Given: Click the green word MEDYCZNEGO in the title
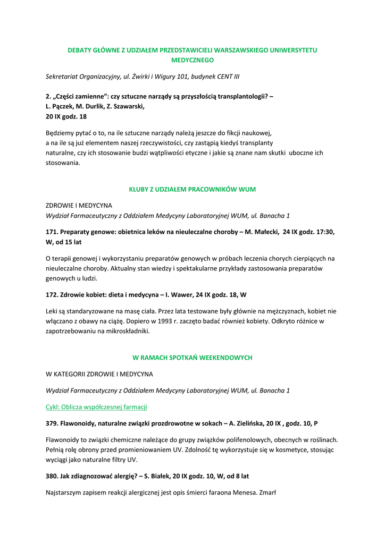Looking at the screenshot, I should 192,61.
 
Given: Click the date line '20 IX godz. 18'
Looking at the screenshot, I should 66,116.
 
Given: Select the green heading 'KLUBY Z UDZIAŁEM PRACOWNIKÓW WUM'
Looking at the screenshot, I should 192,189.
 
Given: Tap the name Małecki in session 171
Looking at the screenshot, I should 264,232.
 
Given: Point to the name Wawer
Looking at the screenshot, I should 179,294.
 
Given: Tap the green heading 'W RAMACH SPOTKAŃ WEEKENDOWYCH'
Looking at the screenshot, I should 192,358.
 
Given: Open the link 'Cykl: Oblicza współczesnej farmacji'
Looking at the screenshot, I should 96,407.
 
